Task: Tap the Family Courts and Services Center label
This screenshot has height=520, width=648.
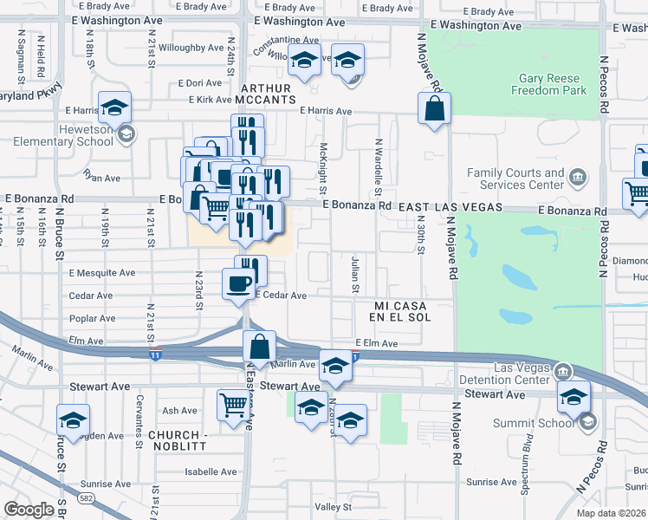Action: tap(515, 179)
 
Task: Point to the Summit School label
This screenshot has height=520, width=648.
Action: tap(546, 423)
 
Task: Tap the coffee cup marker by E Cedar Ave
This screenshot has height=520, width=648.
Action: tap(238, 283)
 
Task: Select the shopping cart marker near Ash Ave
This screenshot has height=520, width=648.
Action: tap(233, 404)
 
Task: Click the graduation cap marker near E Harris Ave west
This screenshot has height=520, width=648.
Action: tap(114, 107)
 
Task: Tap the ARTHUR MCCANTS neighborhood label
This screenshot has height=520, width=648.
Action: tap(274, 94)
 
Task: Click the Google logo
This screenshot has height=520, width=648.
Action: tap(29, 510)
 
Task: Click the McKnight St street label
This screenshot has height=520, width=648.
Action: tap(322, 169)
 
